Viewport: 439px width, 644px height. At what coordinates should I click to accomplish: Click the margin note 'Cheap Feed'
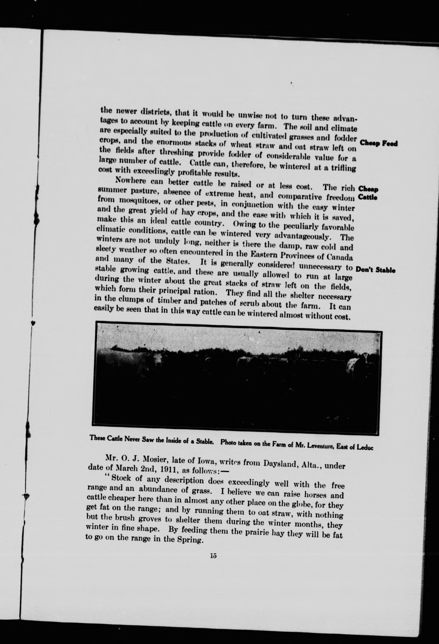coord(378,144)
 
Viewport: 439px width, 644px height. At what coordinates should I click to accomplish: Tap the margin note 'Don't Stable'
coord(375,270)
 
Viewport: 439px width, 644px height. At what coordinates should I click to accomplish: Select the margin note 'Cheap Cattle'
coord(368,193)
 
